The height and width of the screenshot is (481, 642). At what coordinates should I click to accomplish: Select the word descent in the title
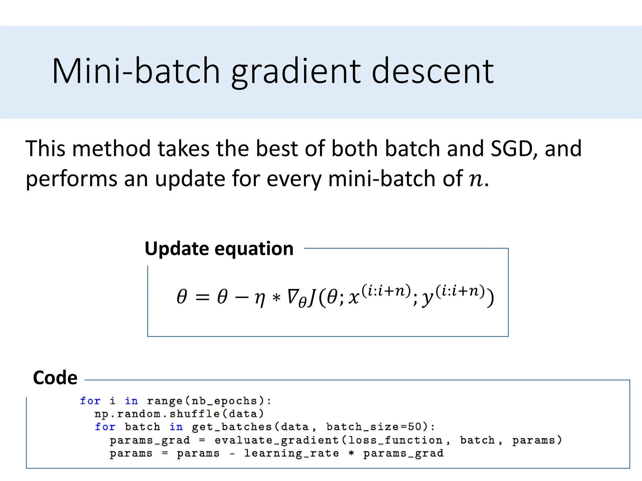[x=433, y=71]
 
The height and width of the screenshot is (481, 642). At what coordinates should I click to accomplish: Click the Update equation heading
[x=219, y=249]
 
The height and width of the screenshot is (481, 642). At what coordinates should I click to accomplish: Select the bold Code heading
[x=55, y=378]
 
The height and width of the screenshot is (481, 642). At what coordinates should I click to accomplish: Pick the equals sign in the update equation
[x=202, y=297]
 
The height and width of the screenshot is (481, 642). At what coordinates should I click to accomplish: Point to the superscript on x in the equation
[x=386, y=291]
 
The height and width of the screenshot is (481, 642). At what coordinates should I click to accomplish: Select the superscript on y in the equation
[x=460, y=291]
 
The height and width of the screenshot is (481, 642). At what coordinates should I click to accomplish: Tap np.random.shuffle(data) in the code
[x=179, y=414]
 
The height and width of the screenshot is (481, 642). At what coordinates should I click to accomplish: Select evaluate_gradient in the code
[x=276, y=440]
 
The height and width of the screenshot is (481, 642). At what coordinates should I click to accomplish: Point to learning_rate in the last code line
[x=292, y=453]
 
